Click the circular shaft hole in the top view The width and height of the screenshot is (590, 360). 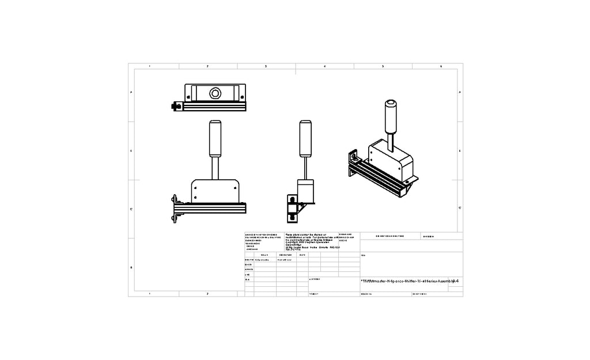coord(215,93)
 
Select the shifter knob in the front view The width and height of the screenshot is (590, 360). coord(215,138)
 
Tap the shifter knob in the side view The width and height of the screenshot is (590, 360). coord(305,138)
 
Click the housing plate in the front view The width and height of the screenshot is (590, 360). coord(215,191)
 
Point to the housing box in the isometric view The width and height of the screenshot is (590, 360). coord(391,158)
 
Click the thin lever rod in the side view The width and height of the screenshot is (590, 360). coord(305,168)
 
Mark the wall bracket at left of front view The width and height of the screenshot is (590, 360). coord(174,208)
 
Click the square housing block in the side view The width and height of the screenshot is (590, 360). coord(305,191)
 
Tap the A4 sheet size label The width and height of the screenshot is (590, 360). coord(456,281)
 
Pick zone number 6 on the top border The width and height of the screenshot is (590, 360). coord(441,66)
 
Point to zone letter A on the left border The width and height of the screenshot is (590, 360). coord(131,93)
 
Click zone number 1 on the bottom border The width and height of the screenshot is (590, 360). coord(149,294)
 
